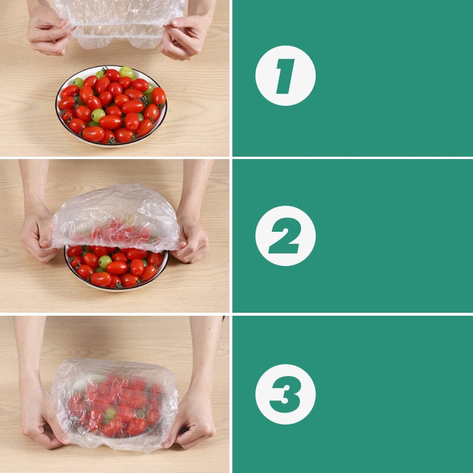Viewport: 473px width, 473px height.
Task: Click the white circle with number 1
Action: tap(285, 76)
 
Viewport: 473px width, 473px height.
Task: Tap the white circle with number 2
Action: tap(285, 236)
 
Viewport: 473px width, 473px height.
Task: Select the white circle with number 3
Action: tap(285, 394)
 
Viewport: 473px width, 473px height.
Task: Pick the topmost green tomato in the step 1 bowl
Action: tap(126, 73)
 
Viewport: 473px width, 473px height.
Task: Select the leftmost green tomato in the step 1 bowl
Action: tap(77, 83)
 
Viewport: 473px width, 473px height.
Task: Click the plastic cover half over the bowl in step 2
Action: tap(115, 216)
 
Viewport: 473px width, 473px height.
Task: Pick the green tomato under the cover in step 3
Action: tap(110, 414)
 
